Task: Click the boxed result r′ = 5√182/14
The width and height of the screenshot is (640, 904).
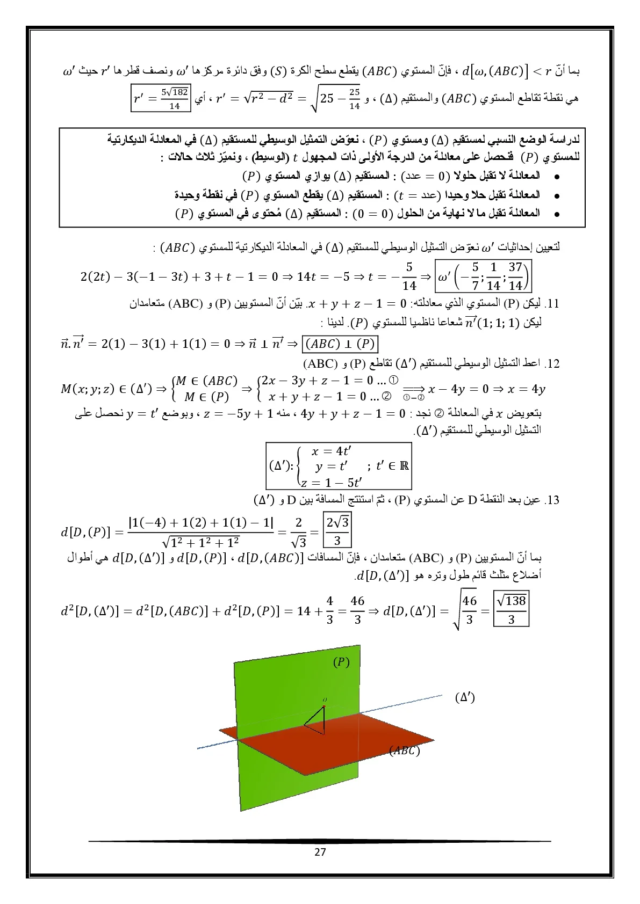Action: click(x=161, y=99)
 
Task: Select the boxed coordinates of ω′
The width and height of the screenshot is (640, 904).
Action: click(x=484, y=275)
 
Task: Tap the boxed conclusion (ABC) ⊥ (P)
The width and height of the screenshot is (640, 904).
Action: click(x=340, y=344)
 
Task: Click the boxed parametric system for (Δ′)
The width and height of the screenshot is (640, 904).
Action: click(x=339, y=466)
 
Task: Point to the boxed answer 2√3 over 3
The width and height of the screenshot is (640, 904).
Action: click(x=337, y=530)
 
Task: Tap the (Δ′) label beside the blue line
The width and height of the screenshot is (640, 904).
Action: click(x=464, y=697)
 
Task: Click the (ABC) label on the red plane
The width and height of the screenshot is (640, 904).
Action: click(x=404, y=751)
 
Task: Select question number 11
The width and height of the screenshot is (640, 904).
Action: click(x=552, y=304)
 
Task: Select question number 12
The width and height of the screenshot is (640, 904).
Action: click(x=552, y=364)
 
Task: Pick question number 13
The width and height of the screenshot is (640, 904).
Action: click(x=552, y=501)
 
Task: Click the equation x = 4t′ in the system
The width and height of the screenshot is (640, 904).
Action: click(x=332, y=451)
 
